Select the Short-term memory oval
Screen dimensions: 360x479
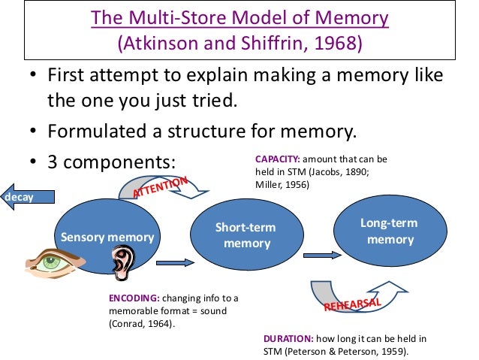point(246,235)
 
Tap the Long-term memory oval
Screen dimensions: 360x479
point(390,231)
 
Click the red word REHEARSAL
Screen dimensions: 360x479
point(354,302)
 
